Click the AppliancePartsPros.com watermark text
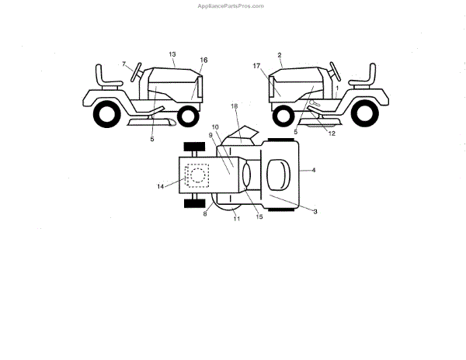pos(232,5)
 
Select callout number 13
pos(173,54)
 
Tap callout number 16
pos(203,60)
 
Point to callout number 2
pos(279,55)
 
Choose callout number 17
pos(256,67)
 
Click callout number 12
pos(332,133)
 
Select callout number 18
pos(234,105)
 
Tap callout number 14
pos(161,186)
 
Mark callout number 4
pos(314,169)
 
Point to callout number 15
pos(259,216)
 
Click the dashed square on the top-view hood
pos(196,177)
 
